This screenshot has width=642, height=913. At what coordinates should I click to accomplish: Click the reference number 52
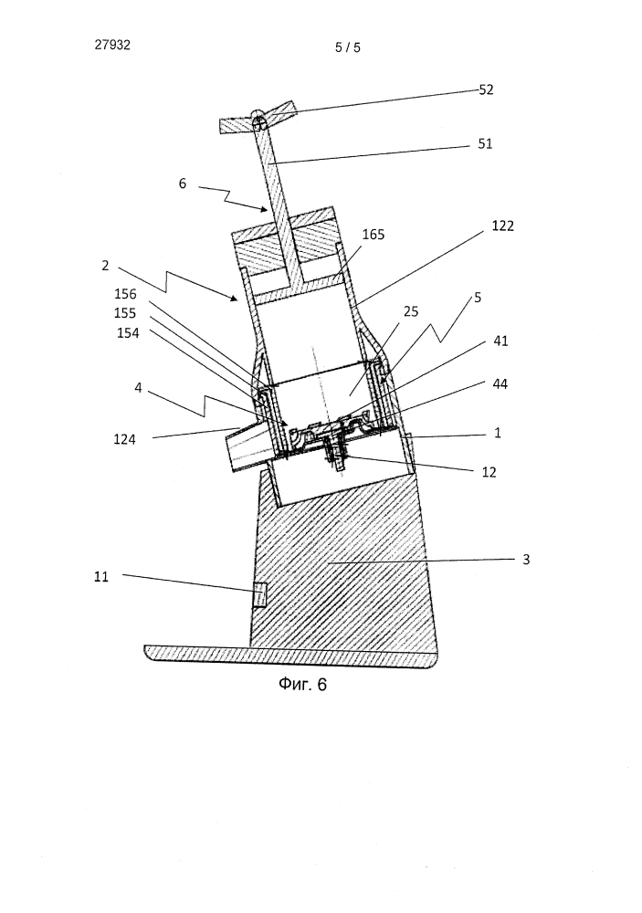486,89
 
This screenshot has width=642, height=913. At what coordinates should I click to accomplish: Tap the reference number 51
485,144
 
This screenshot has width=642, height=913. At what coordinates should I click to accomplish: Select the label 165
374,234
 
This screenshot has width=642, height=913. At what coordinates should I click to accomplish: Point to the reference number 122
503,226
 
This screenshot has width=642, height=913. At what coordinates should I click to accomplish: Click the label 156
125,294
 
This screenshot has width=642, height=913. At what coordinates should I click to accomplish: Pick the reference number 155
125,313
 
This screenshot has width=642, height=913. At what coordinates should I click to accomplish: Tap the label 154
128,333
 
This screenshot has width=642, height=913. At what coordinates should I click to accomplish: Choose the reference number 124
125,440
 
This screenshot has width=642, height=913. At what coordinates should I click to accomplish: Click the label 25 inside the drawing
411,311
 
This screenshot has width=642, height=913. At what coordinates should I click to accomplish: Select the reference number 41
500,341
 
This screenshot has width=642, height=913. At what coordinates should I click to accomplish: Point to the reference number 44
500,383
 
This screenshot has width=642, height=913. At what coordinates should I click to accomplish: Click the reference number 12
489,472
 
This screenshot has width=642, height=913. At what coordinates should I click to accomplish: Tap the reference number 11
101,576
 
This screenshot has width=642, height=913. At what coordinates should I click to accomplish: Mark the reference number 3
526,560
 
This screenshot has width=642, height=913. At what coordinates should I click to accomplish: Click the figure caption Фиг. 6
302,684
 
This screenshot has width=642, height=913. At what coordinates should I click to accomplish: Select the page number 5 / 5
348,47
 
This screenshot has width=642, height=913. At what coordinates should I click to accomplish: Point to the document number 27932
112,45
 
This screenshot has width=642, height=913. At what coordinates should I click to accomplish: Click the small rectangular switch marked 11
259,594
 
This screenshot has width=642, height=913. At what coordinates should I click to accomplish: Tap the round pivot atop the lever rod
260,121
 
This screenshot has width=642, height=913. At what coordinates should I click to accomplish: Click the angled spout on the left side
247,447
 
